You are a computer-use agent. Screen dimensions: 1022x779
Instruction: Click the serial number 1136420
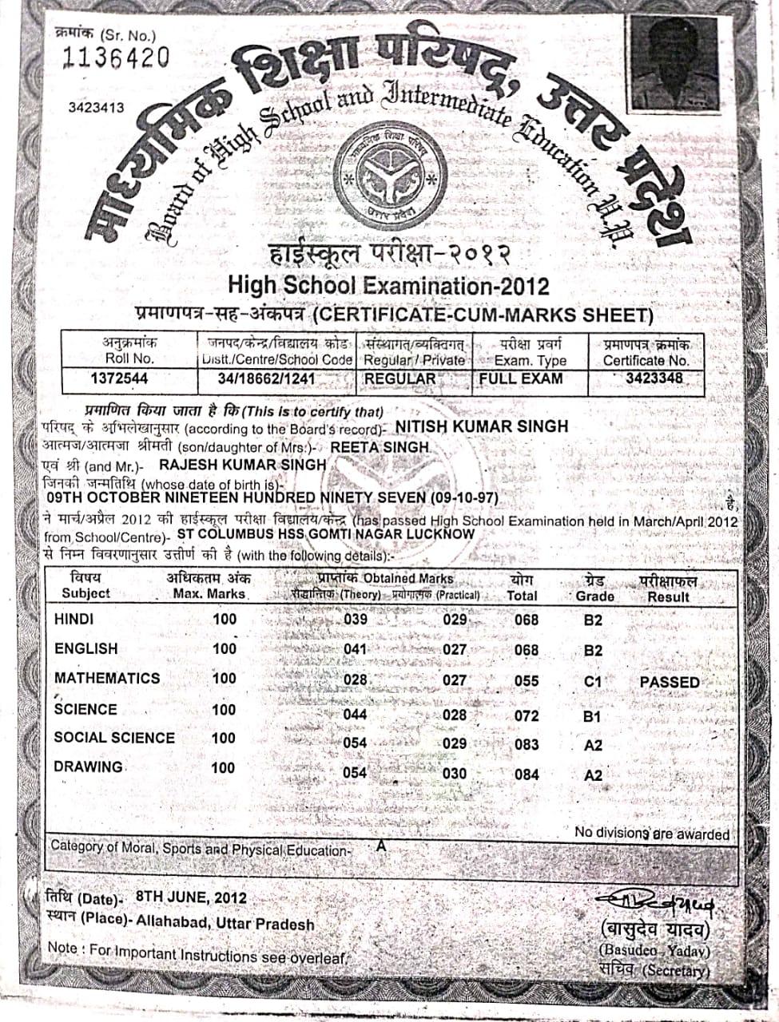116,57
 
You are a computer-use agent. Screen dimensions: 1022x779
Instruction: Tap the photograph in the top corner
674,65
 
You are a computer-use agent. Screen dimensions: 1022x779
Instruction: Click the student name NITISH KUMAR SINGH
482,426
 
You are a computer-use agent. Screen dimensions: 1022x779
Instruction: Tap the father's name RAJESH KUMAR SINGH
243,465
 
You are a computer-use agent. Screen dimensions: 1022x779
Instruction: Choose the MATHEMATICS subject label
107,678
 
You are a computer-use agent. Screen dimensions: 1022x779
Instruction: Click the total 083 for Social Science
527,745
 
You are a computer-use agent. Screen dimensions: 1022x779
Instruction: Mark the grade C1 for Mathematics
592,682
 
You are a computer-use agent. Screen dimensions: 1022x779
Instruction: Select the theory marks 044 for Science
355,715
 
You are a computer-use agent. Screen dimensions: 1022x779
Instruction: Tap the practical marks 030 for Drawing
455,773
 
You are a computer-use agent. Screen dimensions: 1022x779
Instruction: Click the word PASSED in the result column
670,682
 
